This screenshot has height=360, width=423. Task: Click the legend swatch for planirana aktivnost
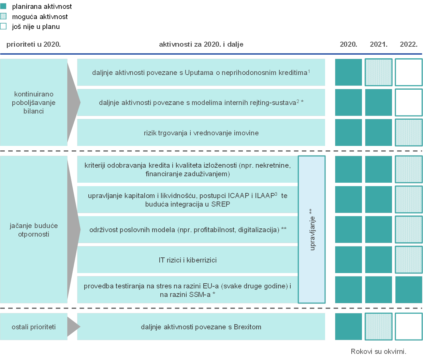[3, 6]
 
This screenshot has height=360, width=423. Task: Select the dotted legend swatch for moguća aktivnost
[3, 16]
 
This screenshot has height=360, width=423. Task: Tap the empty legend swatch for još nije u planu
[3, 26]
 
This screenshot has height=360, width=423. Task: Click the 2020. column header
[348, 44]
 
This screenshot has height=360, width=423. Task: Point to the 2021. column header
[379, 44]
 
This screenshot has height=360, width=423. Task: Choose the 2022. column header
[409, 44]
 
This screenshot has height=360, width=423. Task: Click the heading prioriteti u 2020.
[33, 44]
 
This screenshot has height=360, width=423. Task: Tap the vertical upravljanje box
[312, 229]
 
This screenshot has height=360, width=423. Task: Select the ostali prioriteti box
[34, 327]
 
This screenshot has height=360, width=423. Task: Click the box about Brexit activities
[201, 327]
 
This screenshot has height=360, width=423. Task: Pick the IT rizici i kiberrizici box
[188, 260]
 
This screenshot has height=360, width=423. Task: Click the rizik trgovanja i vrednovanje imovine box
[201, 133]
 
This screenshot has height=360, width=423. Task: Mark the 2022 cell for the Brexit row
[409, 327]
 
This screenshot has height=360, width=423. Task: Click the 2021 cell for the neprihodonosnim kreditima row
[379, 72]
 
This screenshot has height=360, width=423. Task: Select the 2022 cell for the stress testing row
[409, 290]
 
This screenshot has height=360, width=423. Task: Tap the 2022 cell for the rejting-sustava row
[409, 102]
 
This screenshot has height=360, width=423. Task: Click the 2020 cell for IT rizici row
[348, 260]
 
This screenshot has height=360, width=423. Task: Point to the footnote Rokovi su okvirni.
[379, 351]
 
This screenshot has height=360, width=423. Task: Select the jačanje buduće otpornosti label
[34, 230]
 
